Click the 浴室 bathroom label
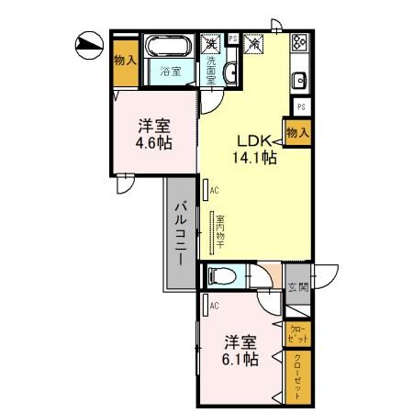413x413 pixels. coord(169,71)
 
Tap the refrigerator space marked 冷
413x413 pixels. coord(253,43)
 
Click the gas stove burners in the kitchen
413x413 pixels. coord(299,43)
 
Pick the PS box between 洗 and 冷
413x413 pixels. coord(233,39)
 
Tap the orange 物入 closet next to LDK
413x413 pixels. coord(296,133)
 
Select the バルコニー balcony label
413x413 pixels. coord(181,233)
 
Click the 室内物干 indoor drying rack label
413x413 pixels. coord(220,233)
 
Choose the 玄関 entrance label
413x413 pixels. coord(297,285)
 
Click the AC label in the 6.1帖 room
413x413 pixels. coord(213,306)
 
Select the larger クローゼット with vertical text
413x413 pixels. coord(298,376)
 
